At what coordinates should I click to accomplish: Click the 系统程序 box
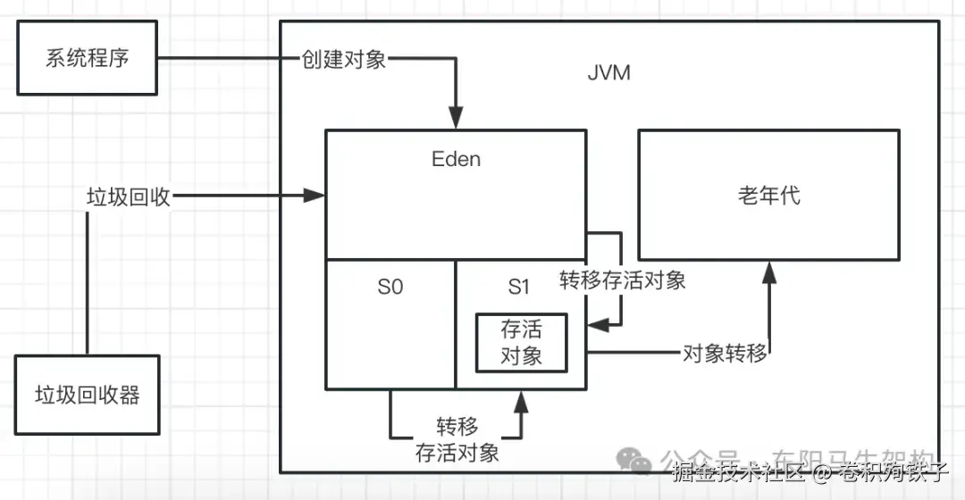click(87, 60)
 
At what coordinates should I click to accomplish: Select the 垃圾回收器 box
click(87, 395)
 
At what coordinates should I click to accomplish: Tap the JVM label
click(608, 72)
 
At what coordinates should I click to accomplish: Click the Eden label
click(456, 159)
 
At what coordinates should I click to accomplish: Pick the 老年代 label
click(768, 196)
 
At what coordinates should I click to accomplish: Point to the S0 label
click(390, 287)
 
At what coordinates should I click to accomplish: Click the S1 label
click(519, 287)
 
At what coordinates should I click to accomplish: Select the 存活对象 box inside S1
click(521, 342)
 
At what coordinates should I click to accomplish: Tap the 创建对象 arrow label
click(344, 61)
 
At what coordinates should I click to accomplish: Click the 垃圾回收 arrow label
click(128, 196)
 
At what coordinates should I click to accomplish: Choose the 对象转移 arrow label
click(724, 353)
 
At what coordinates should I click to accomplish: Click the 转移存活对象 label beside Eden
click(623, 279)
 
